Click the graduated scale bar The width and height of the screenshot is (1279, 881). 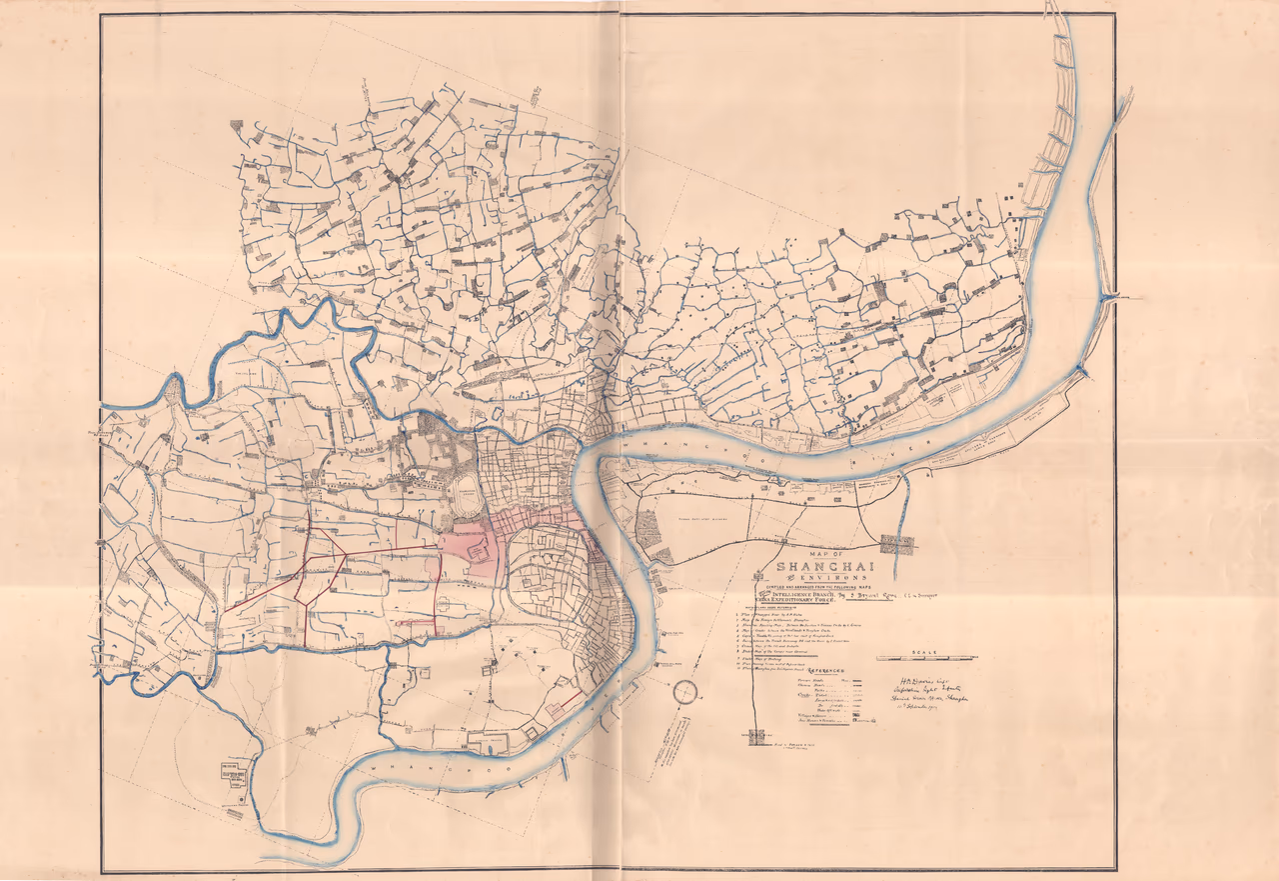[925, 659]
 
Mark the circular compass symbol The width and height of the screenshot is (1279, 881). [684, 691]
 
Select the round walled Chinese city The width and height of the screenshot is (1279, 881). [545, 570]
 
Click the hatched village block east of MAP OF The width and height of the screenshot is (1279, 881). [899, 544]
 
